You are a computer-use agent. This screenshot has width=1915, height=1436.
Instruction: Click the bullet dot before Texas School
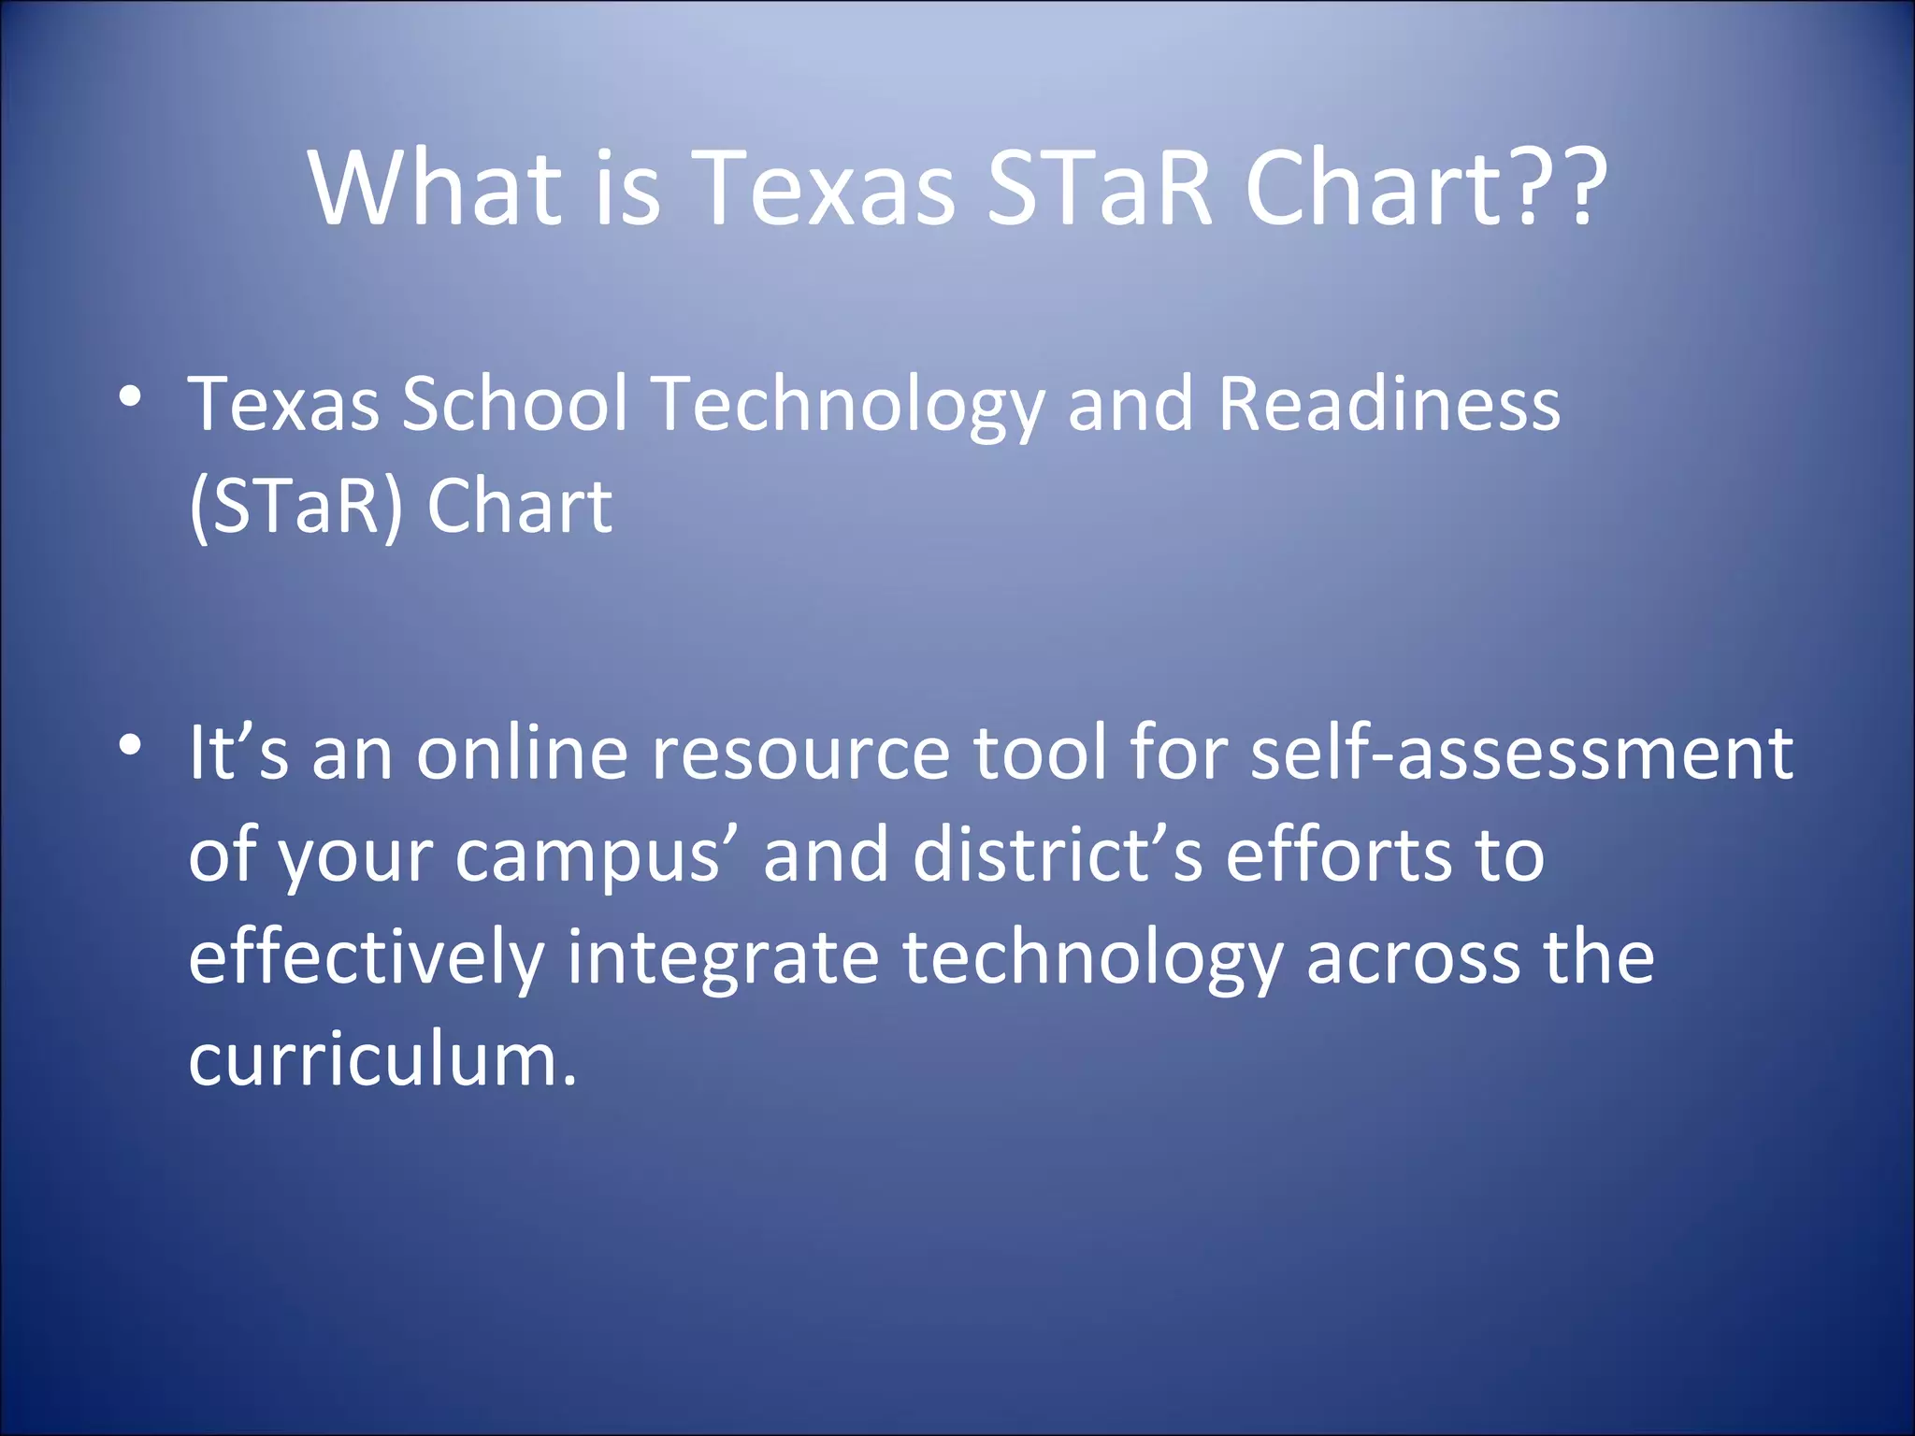pos(130,396)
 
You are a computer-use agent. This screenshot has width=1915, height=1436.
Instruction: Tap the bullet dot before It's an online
pos(130,745)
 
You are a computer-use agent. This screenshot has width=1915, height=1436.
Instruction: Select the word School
pos(514,404)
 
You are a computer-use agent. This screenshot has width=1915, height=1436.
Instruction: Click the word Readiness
pos(1389,404)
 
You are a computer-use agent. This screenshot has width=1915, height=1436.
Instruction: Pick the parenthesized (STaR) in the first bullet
pos(295,506)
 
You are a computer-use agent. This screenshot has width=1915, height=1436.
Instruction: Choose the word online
pos(522,753)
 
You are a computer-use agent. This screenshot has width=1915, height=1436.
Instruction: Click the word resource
pos(800,753)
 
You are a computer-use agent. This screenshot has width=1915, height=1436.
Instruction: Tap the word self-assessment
pos(1521,753)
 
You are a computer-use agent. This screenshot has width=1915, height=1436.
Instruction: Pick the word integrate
pos(723,958)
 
